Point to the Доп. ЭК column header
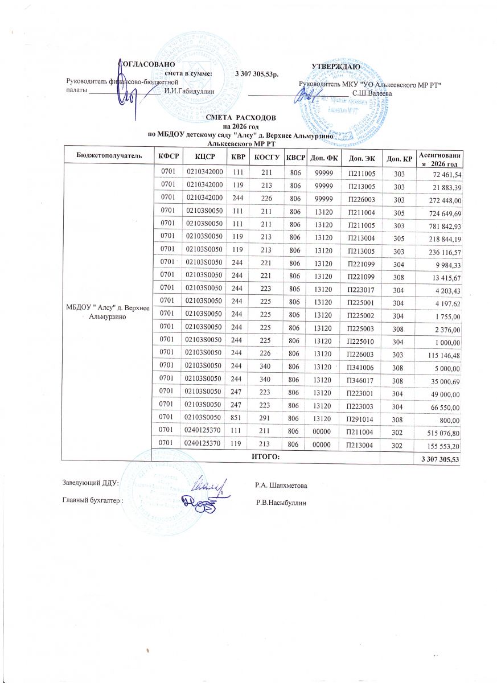pyautogui.click(x=360, y=156)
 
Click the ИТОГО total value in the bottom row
pyautogui.click(x=440, y=459)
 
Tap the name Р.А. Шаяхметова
pyautogui.click(x=282, y=485)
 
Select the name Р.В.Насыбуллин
pyautogui.click(x=282, y=502)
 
